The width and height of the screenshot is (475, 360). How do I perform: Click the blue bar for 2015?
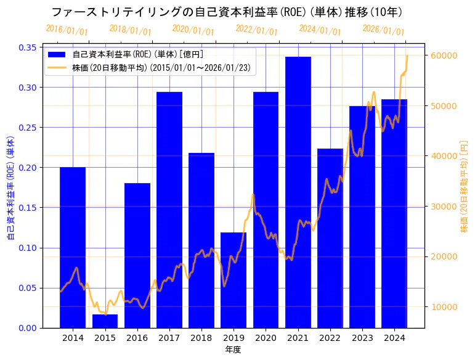105,321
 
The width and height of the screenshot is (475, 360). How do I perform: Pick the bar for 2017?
169,210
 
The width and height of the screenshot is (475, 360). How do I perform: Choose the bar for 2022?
330,238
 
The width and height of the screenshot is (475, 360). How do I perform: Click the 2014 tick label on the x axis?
73,338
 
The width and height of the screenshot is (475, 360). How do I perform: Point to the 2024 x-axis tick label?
394,338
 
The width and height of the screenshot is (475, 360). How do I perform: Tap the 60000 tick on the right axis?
444,55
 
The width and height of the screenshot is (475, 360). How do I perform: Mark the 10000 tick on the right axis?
444,307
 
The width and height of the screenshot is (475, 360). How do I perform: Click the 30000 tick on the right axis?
444,207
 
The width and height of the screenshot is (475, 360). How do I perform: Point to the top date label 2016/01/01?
67,30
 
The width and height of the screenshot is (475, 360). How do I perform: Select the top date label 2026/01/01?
383,30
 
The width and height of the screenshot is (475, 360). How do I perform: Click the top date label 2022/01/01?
257,30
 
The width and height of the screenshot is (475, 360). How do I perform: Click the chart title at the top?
227,12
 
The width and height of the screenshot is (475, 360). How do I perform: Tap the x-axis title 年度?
233,350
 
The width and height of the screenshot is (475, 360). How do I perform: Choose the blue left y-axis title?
10,187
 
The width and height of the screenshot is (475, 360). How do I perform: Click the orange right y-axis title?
464,187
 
